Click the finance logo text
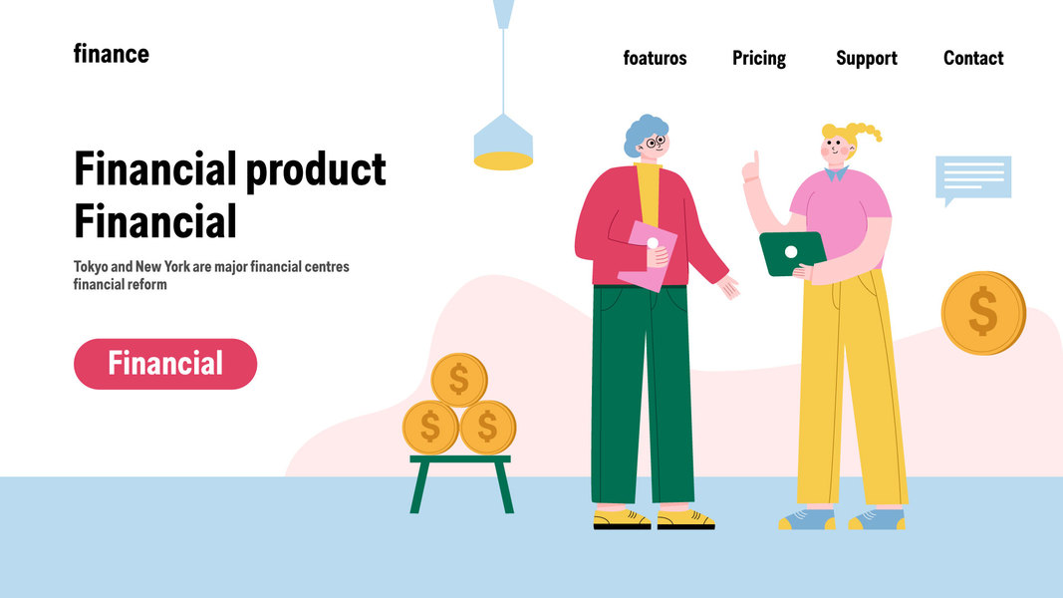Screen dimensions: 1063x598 (112, 54)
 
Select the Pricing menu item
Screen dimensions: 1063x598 (758, 59)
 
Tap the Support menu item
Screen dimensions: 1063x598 (867, 59)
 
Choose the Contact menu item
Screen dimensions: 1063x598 (973, 59)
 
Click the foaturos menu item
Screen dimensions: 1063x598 (655, 59)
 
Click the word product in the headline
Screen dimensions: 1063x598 (315, 170)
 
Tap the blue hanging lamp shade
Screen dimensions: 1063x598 (503, 142)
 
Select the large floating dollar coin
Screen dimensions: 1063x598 (983, 313)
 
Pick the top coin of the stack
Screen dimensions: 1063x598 (459, 380)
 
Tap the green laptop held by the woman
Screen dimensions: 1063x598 (792, 253)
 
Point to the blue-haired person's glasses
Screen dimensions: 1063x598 (655, 143)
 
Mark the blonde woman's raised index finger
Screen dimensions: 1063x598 (756, 160)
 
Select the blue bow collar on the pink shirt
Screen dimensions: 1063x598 (836, 174)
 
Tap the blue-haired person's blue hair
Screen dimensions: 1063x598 (642, 133)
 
